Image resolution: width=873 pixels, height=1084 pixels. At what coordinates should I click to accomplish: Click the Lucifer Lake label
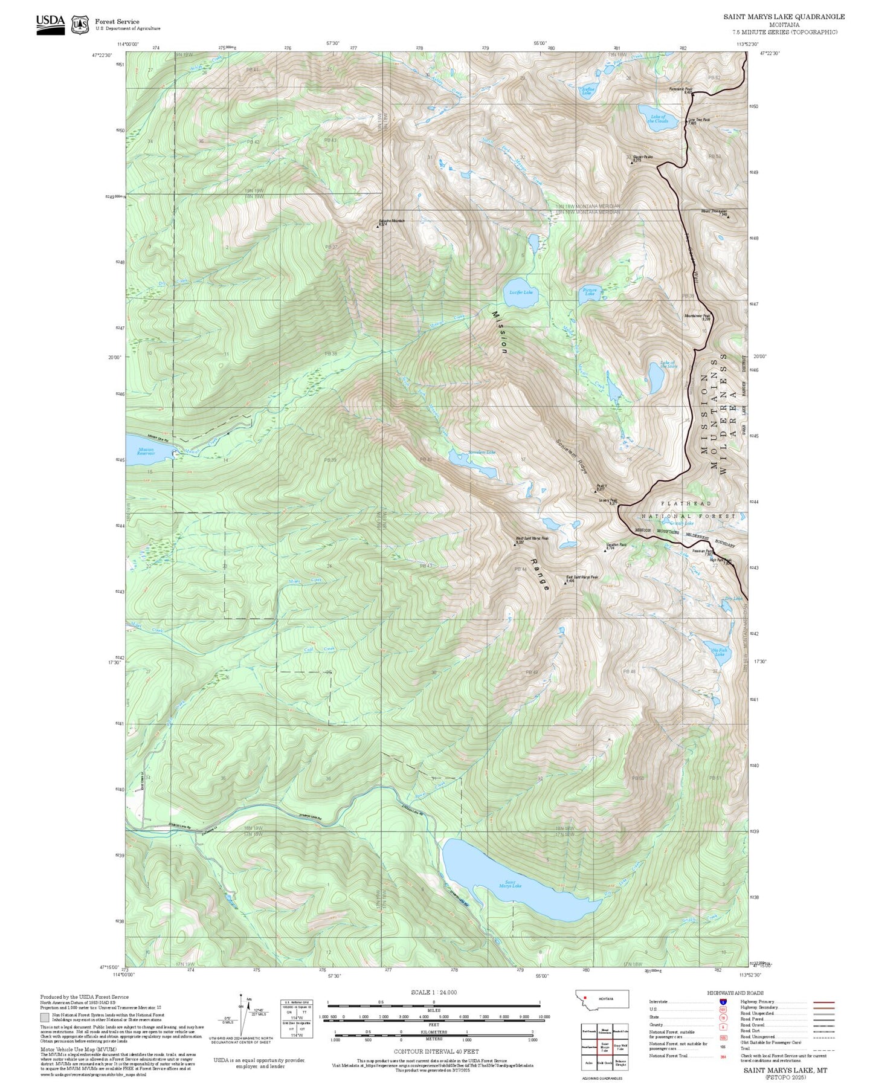tap(521, 292)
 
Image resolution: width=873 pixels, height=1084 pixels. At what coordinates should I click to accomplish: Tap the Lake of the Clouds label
tap(657, 118)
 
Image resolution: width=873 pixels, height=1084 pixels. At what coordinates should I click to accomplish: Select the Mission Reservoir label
tap(146, 451)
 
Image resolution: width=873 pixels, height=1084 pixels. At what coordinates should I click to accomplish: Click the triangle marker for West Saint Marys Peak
tap(515, 544)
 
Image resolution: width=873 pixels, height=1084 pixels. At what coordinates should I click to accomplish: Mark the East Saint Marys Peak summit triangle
tap(565, 584)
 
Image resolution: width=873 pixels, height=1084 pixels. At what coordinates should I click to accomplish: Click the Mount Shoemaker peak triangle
tap(728, 216)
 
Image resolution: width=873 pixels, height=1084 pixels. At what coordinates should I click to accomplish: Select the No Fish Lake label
tap(720, 653)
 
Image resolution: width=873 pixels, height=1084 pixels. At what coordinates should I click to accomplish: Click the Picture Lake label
tap(590, 292)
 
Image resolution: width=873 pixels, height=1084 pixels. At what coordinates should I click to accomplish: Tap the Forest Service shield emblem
tap(80, 25)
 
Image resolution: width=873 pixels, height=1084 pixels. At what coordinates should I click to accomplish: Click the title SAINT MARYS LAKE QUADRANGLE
tap(784, 17)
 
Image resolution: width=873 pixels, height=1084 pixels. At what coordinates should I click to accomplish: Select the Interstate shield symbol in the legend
tap(723, 1002)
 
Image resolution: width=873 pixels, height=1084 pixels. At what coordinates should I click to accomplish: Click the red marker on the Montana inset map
tap(585, 998)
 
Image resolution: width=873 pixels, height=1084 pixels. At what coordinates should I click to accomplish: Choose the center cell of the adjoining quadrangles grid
tap(604, 1048)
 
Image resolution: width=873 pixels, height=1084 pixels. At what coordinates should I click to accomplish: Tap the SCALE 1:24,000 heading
tap(434, 992)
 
